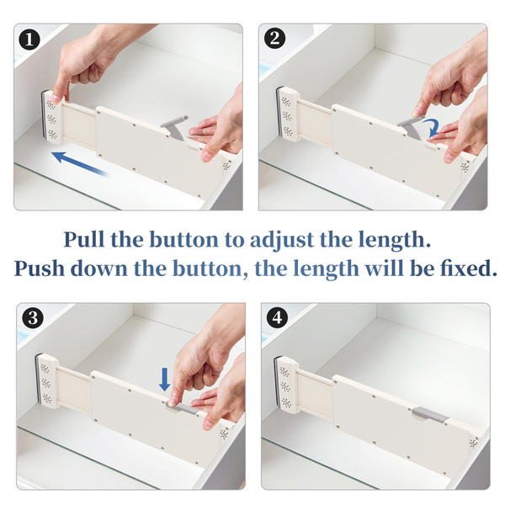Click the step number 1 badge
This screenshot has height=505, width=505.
tap(29, 40)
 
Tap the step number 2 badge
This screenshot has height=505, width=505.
tap(274, 39)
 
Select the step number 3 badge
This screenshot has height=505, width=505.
tap(33, 318)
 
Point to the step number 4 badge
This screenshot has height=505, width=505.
tap(277, 318)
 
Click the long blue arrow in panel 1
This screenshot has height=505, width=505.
tap(80, 164)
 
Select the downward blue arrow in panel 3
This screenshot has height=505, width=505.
tap(165, 380)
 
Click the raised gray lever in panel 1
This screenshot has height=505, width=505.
tap(174, 128)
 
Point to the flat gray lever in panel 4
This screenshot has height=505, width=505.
tap(430, 414)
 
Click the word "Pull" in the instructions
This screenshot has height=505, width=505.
tap(83, 240)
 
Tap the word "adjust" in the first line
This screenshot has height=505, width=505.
tap(282, 241)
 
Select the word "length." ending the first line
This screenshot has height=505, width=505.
tap(394, 241)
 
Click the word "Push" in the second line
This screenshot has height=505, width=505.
tap(40, 268)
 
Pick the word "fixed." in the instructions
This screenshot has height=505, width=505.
tap(469, 268)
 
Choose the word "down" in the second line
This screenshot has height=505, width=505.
tap(99, 268)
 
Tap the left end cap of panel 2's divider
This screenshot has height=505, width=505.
tap(288, 114)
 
